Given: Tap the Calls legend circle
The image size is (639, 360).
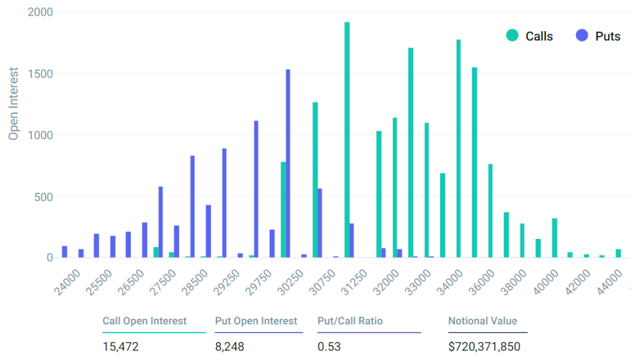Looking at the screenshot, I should [x=512, y=36].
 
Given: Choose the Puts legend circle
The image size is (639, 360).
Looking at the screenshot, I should [x=582, y=36].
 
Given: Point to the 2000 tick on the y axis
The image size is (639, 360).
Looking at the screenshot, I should [x=41, y=12].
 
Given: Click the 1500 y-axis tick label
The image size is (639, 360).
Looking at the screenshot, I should [x=41, y=74].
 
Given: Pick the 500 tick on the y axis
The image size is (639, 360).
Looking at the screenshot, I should [x=44, y=197].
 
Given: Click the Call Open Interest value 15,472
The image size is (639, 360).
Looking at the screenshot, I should [x=120, y=346].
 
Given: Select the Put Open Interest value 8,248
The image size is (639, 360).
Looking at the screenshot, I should [x=229, y=346].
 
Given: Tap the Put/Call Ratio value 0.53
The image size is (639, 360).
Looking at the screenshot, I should [x=329, y=346].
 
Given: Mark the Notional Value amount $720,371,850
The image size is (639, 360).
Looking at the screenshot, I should [x=484, y=346].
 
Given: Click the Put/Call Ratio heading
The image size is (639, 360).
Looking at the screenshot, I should [x=349, y=321].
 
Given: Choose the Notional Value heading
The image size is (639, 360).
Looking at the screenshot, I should [x=482, y=321].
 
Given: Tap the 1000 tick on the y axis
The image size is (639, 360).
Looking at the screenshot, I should [x=41, y=135].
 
